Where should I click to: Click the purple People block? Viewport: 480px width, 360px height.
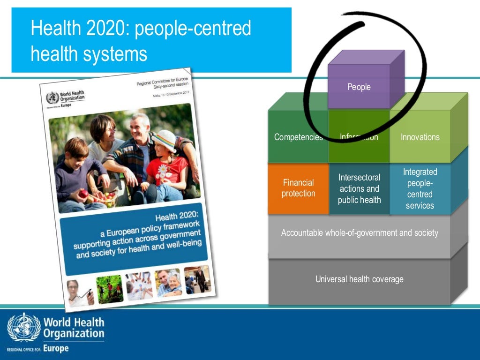(359, 87)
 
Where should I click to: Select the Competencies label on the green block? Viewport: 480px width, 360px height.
(298, 137)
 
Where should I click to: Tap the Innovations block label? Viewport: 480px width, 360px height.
(420, 137)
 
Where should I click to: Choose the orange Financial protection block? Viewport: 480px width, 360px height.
(298, 188)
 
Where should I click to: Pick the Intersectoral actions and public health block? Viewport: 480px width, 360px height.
(360, 189)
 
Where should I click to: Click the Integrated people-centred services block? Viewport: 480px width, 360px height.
(420, 189)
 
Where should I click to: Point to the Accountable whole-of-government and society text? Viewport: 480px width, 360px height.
(360, 233)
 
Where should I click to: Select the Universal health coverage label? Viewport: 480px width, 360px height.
(360, 279)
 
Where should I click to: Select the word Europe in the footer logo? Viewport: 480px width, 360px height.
(56, 348)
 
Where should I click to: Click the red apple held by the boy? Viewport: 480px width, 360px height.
(83, 193)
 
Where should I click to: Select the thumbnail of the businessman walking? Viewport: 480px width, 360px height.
(196, 279)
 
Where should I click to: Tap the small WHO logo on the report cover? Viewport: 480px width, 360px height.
(53, 98)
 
